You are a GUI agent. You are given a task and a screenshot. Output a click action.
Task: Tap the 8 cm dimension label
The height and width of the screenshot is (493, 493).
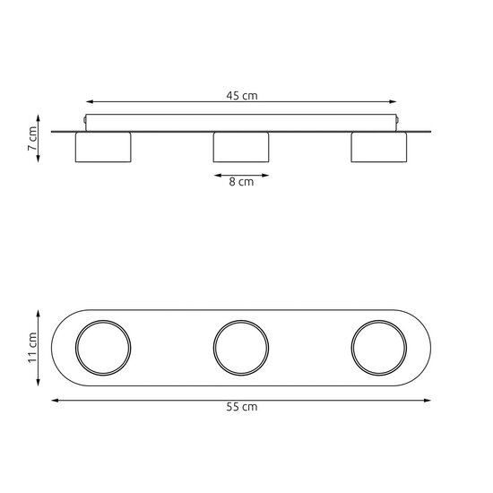pyautogui.click(x=241, y=182)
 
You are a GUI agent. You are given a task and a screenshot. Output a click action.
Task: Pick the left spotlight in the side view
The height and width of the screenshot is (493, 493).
pyautogui.click(x=103, y=148)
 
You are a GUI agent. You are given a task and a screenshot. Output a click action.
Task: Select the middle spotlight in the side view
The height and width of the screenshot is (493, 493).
pyautogui.click(x=241, y=148)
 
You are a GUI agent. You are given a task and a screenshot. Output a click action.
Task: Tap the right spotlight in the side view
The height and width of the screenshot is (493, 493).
pyautogui.click(x=379, y=148)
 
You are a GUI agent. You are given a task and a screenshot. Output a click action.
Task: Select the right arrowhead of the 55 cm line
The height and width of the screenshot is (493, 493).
pyautogui.click(x=433, y=400)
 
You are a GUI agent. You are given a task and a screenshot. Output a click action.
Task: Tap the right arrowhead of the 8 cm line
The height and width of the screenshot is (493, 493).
pyautogui.click(x=266, y=175)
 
